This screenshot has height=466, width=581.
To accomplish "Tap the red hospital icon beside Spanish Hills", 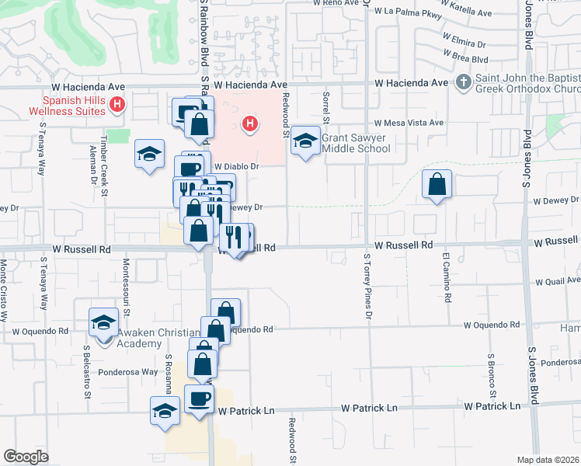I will point(117,104).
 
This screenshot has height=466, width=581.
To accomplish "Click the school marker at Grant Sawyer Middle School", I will point(306,141).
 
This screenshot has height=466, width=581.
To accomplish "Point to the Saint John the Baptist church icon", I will point(463,82).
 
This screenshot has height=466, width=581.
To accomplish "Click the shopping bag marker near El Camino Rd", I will point(437,185).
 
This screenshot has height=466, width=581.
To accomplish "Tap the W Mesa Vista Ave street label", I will point(409,123).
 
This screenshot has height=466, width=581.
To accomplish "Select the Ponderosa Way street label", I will point(128,372).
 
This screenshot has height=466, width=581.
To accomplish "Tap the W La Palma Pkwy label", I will point(407,12).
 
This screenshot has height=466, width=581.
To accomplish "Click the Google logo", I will point(26,457).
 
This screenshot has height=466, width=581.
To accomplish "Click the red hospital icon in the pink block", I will point(249,123).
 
